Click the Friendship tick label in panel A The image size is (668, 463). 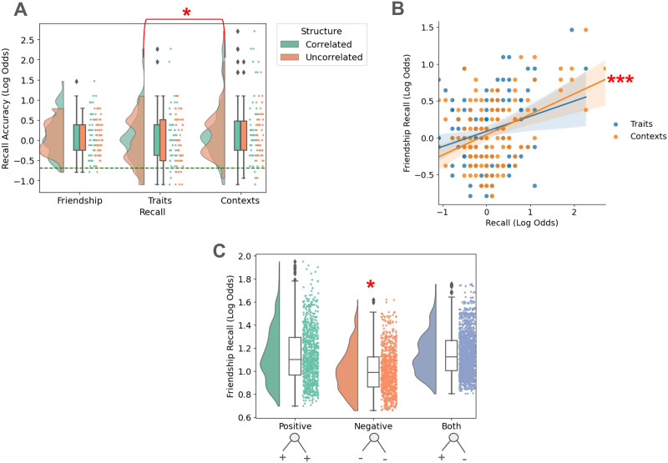tap(79, 201)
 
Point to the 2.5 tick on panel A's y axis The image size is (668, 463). tap(28, 39)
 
